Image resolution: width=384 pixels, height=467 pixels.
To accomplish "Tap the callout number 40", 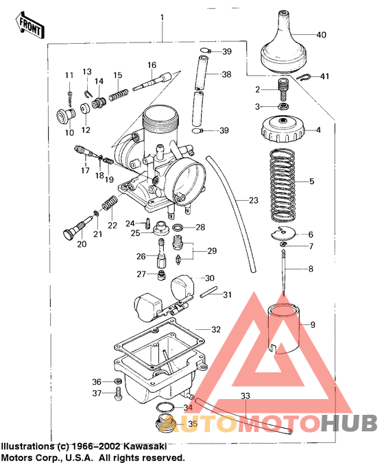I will (x=322, y=34).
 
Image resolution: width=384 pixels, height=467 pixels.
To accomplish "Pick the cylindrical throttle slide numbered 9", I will (x=283, y=331).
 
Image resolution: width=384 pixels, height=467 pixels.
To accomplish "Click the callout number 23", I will (x=253, y=201).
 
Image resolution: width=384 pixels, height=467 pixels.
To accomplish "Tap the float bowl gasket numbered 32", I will (x=165, y=343).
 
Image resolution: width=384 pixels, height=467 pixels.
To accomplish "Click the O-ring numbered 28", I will (x=177, y=227).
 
